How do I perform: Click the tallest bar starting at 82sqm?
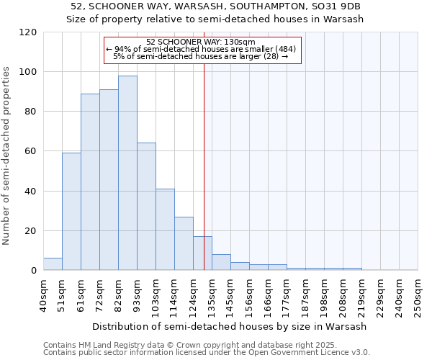[127, 173]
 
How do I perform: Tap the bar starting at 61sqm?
[90, 182]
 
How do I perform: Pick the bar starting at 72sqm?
[109, 180]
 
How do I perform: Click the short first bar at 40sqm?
[53, 264]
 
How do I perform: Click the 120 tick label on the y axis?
[28, 32]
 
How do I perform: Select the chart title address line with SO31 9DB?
[216, 6]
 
